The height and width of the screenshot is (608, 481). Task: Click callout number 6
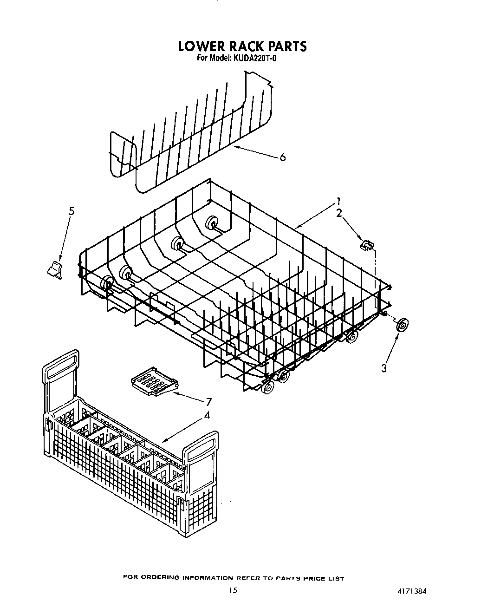coord(282,157)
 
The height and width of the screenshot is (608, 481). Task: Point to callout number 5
coord(71,211)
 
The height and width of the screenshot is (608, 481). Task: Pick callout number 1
coord(339,202)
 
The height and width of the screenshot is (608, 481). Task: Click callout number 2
coord(339,213)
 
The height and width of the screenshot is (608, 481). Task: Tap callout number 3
coord(384,368)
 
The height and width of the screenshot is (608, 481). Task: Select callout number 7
coord(208,402)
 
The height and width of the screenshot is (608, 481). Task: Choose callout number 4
coord(207,415)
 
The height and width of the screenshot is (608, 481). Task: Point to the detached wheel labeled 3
coord(402,325)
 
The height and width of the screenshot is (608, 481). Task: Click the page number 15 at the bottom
coord(233,590)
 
